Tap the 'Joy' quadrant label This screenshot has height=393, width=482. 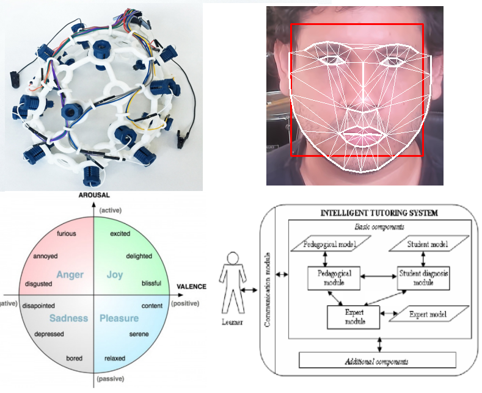(114, 275)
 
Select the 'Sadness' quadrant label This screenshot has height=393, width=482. (68, 318)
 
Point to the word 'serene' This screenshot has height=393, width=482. (139, 334)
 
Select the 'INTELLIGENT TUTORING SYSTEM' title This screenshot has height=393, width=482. (379, 213)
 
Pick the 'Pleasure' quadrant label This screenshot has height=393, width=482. (119, 318)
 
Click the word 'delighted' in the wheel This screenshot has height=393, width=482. (139, 256)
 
